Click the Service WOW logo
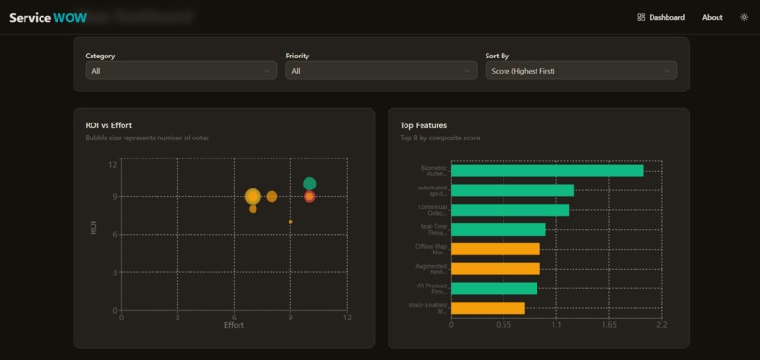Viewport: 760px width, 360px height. click(48, 17)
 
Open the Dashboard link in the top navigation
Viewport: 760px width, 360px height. click(661, 17)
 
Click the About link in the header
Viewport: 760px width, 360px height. click(712, 17)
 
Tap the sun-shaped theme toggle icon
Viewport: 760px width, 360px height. click(744, 17)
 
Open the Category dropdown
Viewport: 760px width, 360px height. click(180, 71)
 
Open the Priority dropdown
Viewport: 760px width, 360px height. click(381, 71)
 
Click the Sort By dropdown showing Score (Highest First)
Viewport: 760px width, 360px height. click(581, 71)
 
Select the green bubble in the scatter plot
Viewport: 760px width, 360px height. click(309, 184)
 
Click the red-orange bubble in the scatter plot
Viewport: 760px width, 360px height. click(309, 197)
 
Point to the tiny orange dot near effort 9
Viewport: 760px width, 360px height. click(290, 221)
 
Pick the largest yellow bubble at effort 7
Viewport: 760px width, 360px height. click(253, 196)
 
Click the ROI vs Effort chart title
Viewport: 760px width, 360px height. click(115, 124)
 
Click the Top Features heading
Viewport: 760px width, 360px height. click(423, 124)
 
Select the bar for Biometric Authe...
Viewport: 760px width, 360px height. click(547, 171)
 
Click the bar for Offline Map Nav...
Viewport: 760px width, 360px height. click(495, 249)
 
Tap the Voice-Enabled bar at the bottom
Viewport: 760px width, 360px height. click(487, 307)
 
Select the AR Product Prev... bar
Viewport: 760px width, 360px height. click(493, 287)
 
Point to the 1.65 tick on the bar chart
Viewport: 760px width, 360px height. click(609, 325)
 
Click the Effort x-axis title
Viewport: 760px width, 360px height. click(234, 325)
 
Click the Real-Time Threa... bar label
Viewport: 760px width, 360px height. click(433, 229)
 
